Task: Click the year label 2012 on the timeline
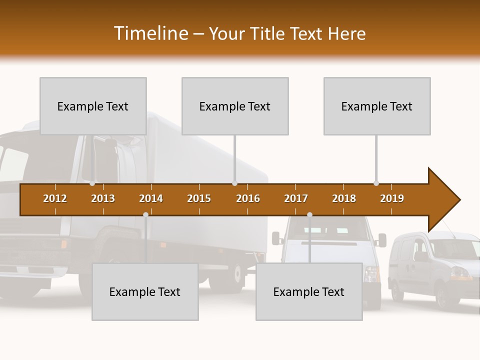click(55, 198)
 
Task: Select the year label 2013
click(103, 198)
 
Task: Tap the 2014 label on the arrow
click(151, 198)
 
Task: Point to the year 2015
click(199, 198)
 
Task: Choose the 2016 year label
click(248, 198)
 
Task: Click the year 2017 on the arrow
click(296, 198)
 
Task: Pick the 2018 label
click(344, 198)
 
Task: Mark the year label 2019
click(392, 198)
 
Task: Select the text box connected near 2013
click(93, 106)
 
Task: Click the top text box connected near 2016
click(235, 106)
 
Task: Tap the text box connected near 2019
click(377, 106)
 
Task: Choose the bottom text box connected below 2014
click(145, 291)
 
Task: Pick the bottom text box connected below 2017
click(309, 291)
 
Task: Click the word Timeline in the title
click(150, 33)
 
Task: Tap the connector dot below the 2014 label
click(145, 214)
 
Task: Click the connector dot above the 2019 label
click(376, 183)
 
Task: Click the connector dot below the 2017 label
click(309, 214)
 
